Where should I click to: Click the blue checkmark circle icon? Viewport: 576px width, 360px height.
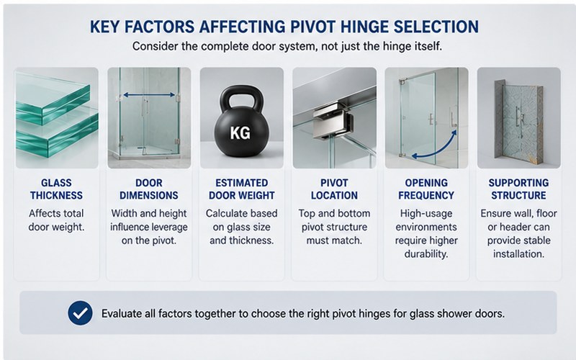pyautogui.click(x=80, y=313)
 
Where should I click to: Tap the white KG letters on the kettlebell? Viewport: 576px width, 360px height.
pyautogui.click(x=240, y=132)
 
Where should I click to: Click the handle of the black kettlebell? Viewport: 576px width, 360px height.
pyautogui.click(x=241, y=97)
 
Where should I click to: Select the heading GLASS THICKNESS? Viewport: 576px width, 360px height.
pyautogui.click(x=56, y=189)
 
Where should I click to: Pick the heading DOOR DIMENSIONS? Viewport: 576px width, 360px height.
pyautogui.click(x=149, y=189)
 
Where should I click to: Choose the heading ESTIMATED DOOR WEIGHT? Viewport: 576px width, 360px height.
pyautogui.click(x=242, y=189)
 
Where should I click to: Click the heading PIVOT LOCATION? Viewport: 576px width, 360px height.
pyautogui.click(x=334, y=189)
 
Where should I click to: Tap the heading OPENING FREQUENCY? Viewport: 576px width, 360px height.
pyautogui.click(x=426, y=189)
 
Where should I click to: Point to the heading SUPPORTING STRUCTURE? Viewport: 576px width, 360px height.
pyautogui.click(x=518, y=189)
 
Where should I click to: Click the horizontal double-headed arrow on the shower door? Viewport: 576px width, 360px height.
pyautogui.click(x=149, y=95)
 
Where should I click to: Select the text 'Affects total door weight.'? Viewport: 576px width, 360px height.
pyautogui.click(x=56, y=220)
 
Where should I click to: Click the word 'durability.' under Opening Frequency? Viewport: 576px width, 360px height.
pyautogui.click(x=426, y=254)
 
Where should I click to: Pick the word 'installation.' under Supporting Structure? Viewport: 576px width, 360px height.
pyautogui.click(x=518, y=254)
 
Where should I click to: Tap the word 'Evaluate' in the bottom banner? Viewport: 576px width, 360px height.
pyautogui.click(x=121, y=313)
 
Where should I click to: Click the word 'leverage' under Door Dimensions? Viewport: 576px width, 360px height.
pyautogui.click(x=171, y=228)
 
